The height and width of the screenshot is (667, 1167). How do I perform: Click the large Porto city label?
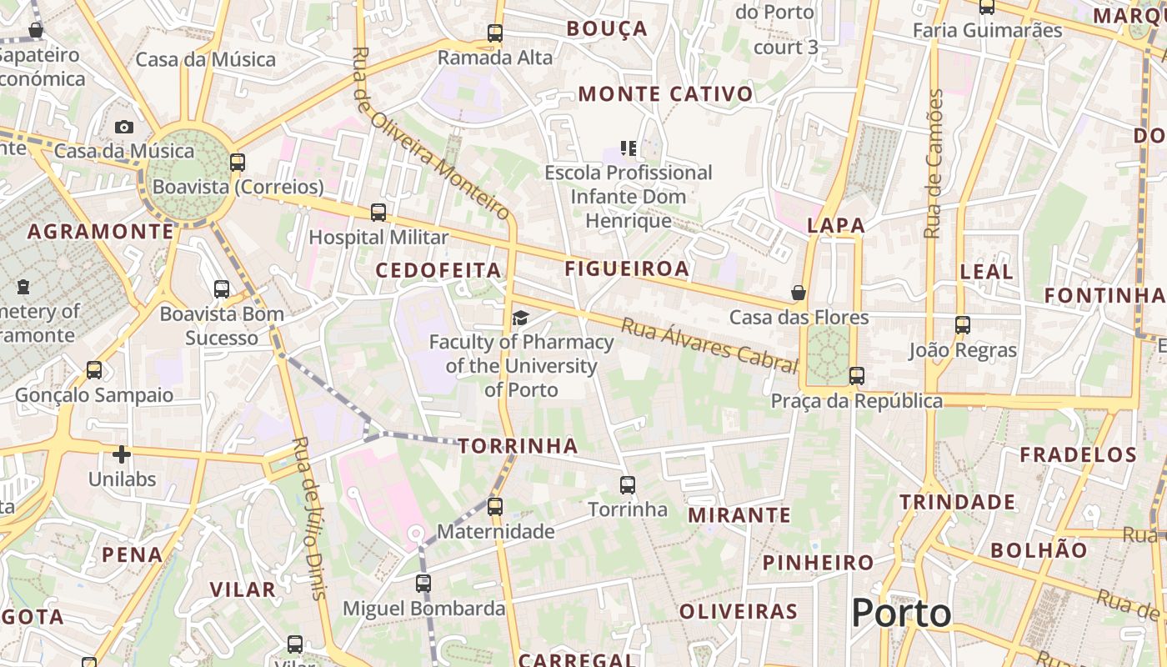[901, 614]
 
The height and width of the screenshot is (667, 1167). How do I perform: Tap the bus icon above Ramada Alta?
[495, 33]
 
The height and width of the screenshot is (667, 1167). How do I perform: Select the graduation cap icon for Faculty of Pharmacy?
[521, 318]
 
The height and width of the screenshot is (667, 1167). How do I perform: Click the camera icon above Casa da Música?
[124, 127]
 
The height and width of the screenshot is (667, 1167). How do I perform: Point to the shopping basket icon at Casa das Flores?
[799, 293]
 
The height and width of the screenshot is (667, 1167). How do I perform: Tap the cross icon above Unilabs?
[122, 454]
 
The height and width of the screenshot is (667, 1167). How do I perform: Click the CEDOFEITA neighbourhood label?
[438, 270]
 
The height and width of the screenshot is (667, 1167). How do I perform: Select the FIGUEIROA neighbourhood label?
[627, 268]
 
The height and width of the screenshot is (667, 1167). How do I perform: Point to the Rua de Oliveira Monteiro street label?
[431, 133]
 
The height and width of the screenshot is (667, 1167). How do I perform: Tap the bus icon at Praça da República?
[857, 376]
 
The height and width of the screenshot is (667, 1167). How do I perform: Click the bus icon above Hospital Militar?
[378, 213]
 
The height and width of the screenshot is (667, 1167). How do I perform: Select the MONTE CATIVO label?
[666, 94]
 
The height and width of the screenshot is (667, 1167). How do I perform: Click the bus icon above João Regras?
[963, 325]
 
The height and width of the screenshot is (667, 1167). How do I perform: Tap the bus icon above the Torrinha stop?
[628, 484]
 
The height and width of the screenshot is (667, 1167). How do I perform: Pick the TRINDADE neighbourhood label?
[957, 502]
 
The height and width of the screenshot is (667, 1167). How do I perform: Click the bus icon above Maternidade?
[495, 506]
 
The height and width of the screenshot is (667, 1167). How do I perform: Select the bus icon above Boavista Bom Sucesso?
[222, 289]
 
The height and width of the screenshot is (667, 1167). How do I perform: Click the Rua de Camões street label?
[934, 163]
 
